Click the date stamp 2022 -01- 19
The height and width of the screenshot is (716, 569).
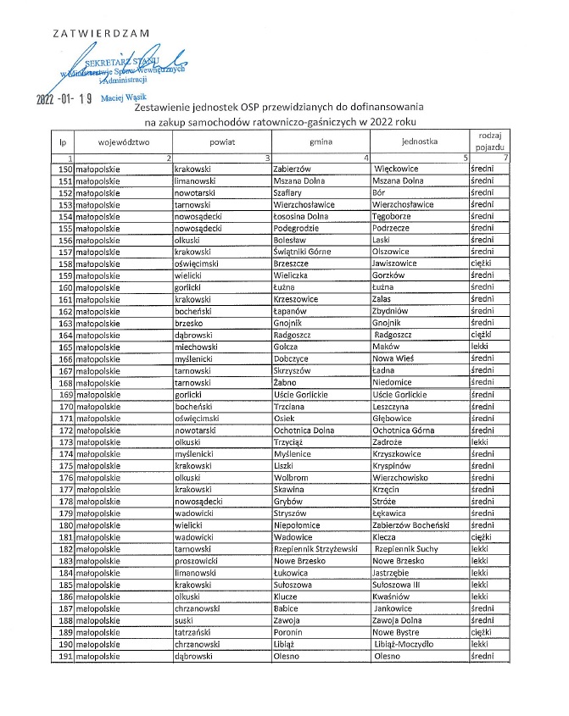pyautogui.click(x=64, y=98)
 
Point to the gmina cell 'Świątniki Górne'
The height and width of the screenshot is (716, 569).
pyautogui.click(x=306, y=252)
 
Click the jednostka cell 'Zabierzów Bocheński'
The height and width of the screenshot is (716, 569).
pyautogui.click(x=413, y=525)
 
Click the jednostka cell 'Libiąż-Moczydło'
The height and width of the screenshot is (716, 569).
pyautogui.click(x=409, y=643)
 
